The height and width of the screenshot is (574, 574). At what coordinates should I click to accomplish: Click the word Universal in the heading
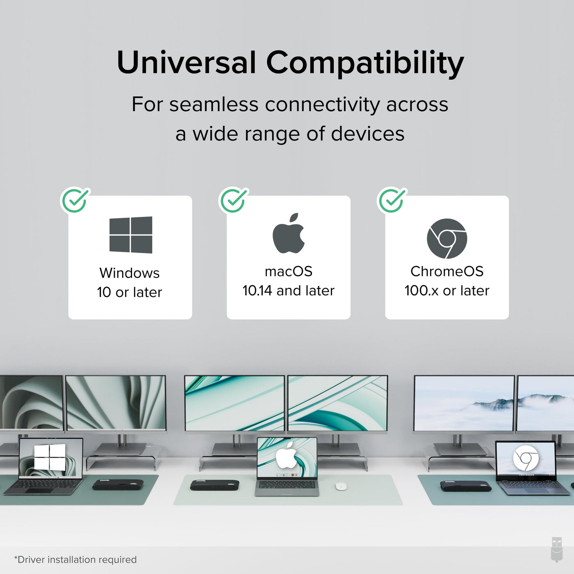click(x=187, y=62)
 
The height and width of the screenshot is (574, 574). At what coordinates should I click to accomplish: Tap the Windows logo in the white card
click(x=131, y=235)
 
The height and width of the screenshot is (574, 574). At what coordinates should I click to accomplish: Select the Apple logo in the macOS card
click(x=288, y=233)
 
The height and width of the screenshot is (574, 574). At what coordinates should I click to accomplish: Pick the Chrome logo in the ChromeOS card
click(x=447, y=238)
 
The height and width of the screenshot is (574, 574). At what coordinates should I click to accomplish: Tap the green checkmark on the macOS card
click(x=233, y=200)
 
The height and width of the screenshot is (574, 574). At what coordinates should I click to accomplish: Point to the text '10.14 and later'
click(x=288, y=291)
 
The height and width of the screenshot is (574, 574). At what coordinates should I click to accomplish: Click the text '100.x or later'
click(x=447, y=291)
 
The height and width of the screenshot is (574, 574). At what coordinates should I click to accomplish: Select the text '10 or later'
click(x=130, y=292)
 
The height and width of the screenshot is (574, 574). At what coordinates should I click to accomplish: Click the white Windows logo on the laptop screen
click(x=50, y=457)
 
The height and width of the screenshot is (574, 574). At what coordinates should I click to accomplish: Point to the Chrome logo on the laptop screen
click(x=526, y=458)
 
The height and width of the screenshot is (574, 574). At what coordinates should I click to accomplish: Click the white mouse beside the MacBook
click(x=341, y=486)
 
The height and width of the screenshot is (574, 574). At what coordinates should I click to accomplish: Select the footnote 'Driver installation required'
click(x=75, y=560)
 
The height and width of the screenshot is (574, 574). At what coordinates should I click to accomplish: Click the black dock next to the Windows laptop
click(x=118, y=485)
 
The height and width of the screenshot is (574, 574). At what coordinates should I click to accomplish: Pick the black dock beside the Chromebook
click(x=466, y=486)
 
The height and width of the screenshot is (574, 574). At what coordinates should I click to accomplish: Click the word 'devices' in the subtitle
click(x=368, y=134)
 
